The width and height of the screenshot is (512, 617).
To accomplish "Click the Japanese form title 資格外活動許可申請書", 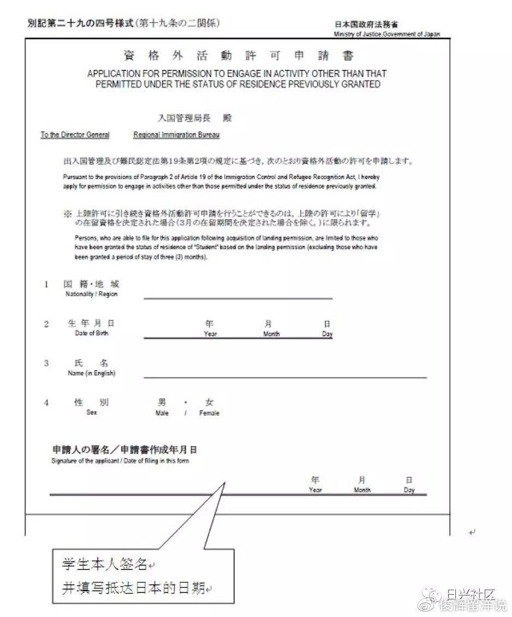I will coord(239,56).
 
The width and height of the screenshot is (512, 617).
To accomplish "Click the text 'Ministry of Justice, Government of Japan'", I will coord(387,34).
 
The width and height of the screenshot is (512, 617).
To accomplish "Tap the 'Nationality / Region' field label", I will coord(91,294).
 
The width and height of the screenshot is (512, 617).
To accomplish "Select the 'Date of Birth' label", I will coord(91,333).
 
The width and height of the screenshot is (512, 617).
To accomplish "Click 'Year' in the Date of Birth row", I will coord(210,334).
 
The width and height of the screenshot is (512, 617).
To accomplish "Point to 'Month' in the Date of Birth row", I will coord(271,334).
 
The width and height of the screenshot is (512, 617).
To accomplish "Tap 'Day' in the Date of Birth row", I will coord(327,334).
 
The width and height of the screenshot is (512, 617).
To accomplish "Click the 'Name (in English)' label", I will coord(91,373).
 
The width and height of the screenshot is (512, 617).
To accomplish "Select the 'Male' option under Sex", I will coord(162,413).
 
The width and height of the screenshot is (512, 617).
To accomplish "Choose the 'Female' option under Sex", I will coord(209,413).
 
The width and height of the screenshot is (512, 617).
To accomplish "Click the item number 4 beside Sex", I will coord(46,403).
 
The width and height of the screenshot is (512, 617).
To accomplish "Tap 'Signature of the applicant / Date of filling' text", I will coord(120,461).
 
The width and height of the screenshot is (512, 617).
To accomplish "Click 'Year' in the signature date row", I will coord(315,490).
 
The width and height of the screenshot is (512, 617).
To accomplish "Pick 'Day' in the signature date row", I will coord(409,490).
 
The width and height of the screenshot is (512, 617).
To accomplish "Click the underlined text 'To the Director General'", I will coord(75,135).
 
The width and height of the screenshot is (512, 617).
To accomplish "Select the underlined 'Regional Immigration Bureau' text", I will coord(176,135).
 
